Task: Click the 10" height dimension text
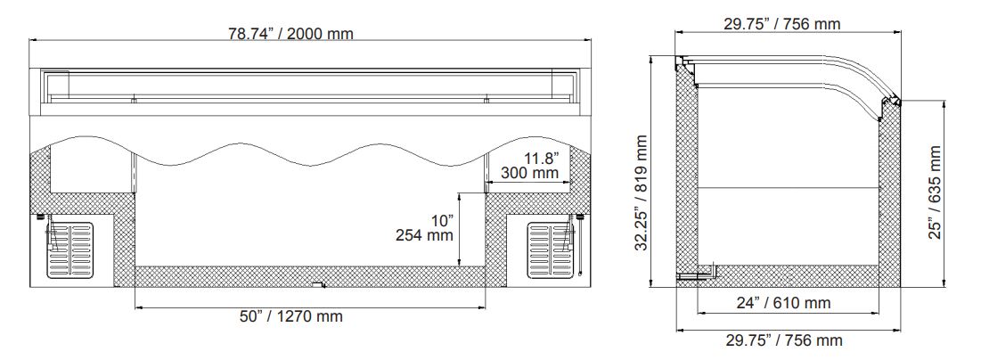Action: coord(440,220)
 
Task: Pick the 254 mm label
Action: coord(424,236)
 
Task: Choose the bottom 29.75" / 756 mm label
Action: coord(783,340)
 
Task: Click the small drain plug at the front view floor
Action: coord(316,285)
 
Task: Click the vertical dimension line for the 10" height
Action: coord(459,229)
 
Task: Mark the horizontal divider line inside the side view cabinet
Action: coord(784,187)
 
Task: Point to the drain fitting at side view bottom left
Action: coord(690,276)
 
